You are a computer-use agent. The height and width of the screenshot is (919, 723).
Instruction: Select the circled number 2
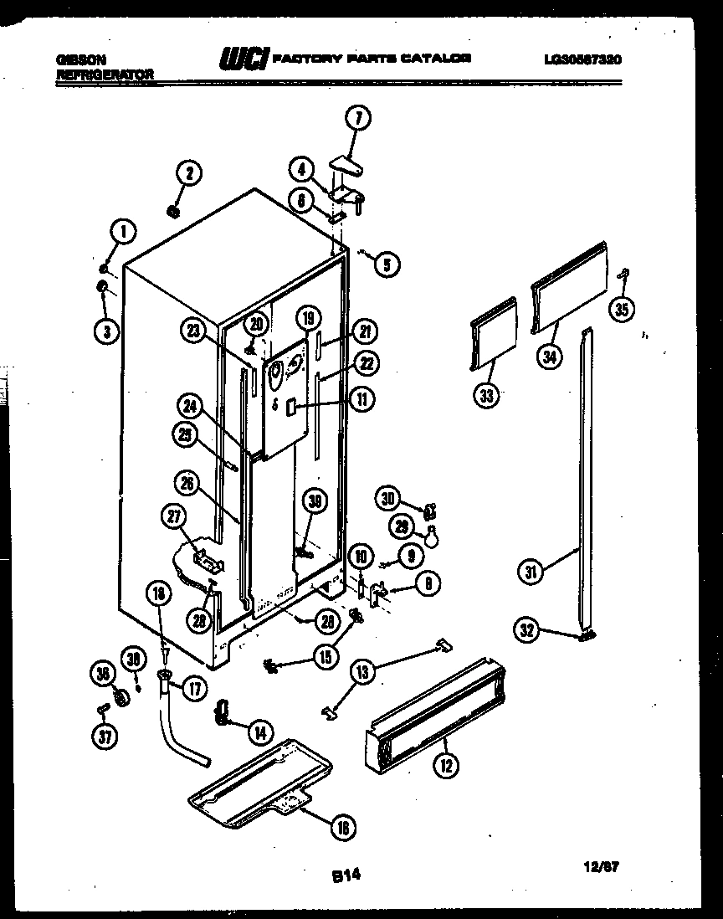click(x=188, y=173)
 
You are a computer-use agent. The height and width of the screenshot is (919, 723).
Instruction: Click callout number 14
click(x=260, y=732)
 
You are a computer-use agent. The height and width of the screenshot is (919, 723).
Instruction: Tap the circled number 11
click(x=362, y=399)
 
